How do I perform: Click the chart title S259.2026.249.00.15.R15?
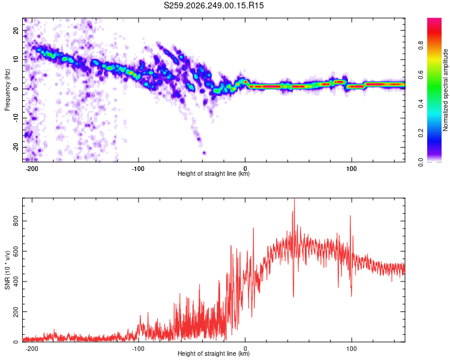[214, 5]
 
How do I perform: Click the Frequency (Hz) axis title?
[7, 90]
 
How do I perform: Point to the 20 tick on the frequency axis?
[16, 30]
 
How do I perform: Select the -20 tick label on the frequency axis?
[16, 147]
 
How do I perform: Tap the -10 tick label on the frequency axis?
[16, 118]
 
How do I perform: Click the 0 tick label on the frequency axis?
[16, 89]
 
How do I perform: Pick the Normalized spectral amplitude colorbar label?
[445, 90]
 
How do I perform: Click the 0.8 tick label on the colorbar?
[421, 46]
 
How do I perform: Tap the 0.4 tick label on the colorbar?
[421, 104]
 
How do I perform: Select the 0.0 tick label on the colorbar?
[421, 162]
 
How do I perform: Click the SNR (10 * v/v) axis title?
[7, 270]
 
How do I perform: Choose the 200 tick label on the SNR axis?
[16, 312]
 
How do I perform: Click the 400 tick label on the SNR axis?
[16, 281]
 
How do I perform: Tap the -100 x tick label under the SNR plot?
[138, 349]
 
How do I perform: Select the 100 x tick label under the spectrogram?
[351, 169]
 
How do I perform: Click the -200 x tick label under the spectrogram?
[32, 169]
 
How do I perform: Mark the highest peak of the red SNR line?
[294, 199]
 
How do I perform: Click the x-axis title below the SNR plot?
[214, 353]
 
